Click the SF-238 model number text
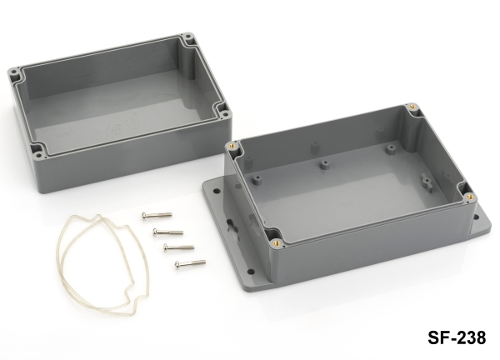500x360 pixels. (x=457, y=337)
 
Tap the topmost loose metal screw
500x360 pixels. (x=157, y=216)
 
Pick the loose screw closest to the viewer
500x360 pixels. (x=190, y=263)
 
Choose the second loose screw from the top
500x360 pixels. (x=168, y=232)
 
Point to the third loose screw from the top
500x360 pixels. (x=178, y=247)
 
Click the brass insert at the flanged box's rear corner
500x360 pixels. (x=412, y=107)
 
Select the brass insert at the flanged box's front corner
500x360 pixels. (x=275, y=243)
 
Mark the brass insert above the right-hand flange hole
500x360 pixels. (x=469, y=197)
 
